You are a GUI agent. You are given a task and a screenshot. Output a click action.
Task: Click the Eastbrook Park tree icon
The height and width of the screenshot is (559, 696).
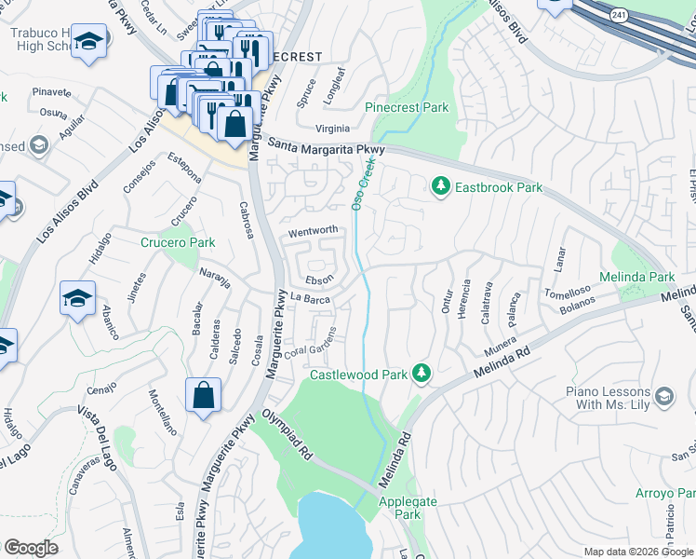coord(441,187)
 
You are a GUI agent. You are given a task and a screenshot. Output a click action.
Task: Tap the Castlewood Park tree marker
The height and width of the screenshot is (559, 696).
coord(422,374)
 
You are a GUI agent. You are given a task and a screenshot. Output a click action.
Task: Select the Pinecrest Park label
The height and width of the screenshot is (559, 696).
coord(407,108)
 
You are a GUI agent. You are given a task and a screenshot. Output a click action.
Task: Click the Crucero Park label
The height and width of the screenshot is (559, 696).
coord(177,243)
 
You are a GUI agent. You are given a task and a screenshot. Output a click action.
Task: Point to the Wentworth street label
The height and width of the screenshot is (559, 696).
coord(313,230)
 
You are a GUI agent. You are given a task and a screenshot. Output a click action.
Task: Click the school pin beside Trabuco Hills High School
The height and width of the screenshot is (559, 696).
coord(88,42)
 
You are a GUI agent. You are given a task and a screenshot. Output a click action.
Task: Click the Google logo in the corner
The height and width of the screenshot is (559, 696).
coord(32,548)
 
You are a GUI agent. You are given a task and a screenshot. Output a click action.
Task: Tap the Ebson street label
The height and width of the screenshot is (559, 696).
coord(319,279)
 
